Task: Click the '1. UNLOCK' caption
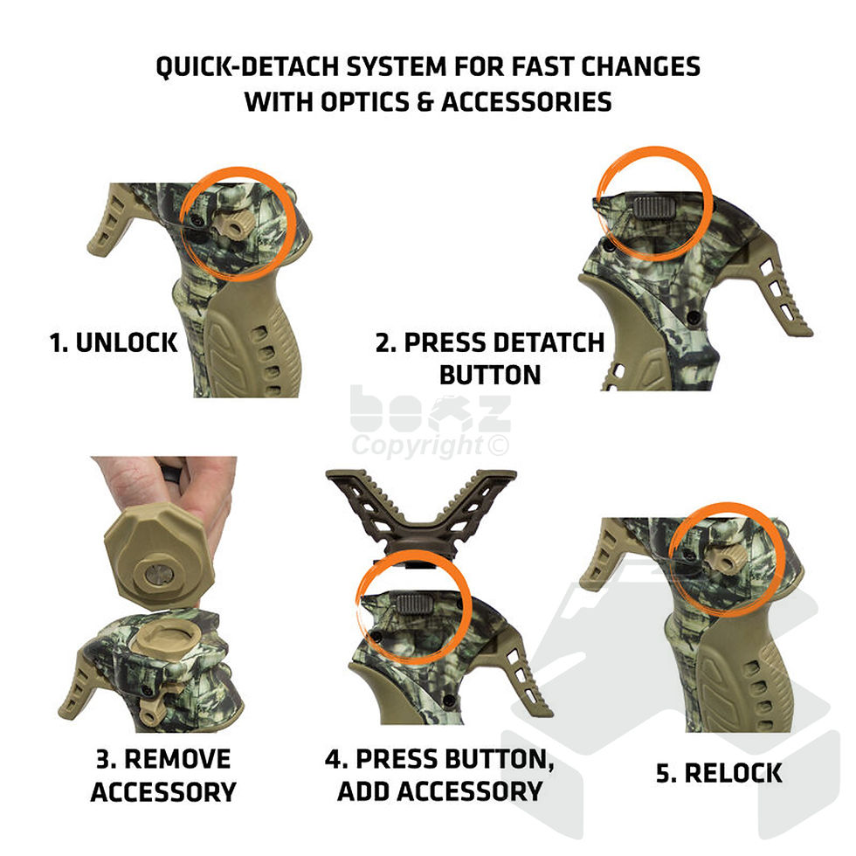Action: click(114, 342)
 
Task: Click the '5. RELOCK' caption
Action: click(719, 772)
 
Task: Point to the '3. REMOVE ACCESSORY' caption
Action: click(163, 775)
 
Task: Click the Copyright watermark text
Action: click(429, 446)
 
